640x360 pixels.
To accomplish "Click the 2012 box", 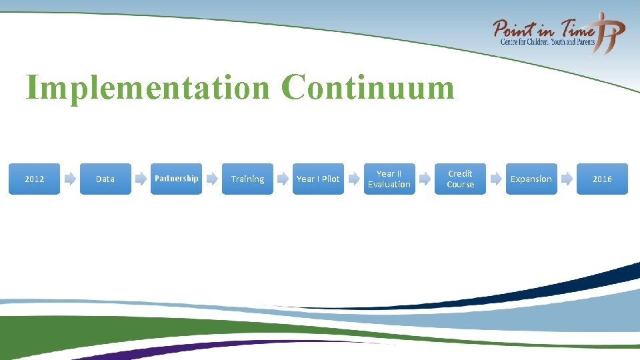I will [x=34, y=179].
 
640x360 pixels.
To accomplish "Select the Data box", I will [x=105, y=179].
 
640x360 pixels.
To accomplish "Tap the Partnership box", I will [x=177, y=179].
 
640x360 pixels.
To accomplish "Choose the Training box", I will [x=247, y=179].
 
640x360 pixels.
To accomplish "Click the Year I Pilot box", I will [x=318, y=179].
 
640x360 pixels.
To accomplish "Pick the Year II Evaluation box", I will [x=389, y=179].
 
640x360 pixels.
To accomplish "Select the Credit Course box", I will [x=460, y=179].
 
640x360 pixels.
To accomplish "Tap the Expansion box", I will [x=531, y=179].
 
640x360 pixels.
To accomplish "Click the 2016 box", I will [x=602, y=179].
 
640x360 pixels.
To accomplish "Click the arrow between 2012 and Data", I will [x=70, y=179].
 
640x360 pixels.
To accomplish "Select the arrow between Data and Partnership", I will [x=141, y=179].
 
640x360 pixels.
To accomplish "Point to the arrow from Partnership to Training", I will [x=212, y=179].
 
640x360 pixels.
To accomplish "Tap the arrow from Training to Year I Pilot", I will [x=283, y=179].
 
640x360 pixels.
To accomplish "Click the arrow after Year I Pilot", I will [x=354, y=179].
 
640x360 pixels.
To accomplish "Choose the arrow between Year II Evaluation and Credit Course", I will [x=425, y=179].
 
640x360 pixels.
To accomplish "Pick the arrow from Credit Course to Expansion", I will [x=496, y=179].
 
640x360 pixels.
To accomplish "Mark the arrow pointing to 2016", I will [x=567, y=179].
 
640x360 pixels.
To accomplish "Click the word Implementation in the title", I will [x=147, y=87].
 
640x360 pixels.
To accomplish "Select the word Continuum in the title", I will [x=367, y=87].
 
